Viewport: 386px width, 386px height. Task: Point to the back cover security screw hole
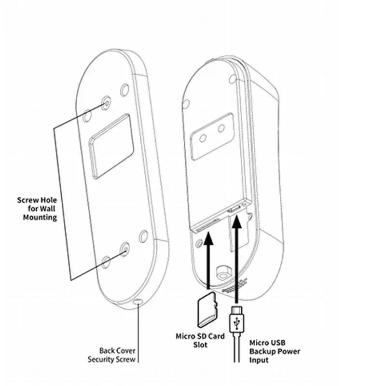(x=138, y=302)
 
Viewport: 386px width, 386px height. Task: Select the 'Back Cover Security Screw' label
(x=111, y=355)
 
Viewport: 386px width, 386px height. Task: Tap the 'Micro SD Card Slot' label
(x=200, y=340)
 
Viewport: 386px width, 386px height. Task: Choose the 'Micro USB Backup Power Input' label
(x=275, y=351)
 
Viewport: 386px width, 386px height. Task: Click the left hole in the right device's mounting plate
(x=204, y=138)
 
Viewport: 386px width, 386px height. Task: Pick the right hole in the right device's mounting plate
(x=221, y=128)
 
